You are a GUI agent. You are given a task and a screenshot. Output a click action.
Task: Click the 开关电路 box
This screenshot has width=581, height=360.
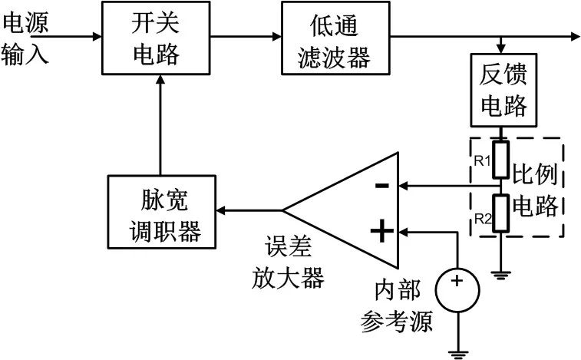click(x=158, y=37)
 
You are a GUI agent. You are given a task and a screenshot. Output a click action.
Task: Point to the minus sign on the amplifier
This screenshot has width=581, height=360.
click(x=382, y=186)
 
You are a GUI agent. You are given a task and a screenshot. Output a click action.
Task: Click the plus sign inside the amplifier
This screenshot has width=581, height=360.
click(x=381, y=230)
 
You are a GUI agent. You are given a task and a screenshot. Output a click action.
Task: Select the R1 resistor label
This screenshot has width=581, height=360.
click(x=483, y=160)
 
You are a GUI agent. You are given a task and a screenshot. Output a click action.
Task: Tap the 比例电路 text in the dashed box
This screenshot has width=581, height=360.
click(x=537, y=189)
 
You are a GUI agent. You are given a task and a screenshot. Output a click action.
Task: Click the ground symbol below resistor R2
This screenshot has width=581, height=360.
click(x=502, y=273)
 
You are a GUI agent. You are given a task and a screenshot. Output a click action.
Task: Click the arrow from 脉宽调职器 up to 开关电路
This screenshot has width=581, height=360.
click(x=159, y=123)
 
